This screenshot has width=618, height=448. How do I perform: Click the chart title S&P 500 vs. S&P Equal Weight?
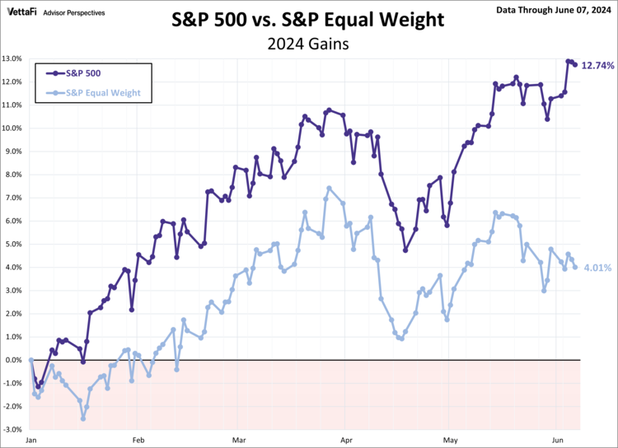click(308, 19)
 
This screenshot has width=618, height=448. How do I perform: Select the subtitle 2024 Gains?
click(308, 44)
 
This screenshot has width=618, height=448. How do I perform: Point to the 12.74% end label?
click(598, 65)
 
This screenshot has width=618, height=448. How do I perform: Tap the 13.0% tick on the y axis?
click(14, 59)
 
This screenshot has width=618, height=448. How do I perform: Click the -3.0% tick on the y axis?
click(14, 430)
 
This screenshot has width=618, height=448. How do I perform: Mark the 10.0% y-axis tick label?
click(14, 128)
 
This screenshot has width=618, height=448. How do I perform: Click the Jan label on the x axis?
click(31, 441)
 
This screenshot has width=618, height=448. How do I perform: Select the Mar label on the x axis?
click(240, 441)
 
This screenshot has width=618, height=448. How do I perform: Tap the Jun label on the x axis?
click(559, 441)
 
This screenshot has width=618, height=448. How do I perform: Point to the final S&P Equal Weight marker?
click(574, 267)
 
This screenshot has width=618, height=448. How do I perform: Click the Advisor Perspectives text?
click(74, 13)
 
